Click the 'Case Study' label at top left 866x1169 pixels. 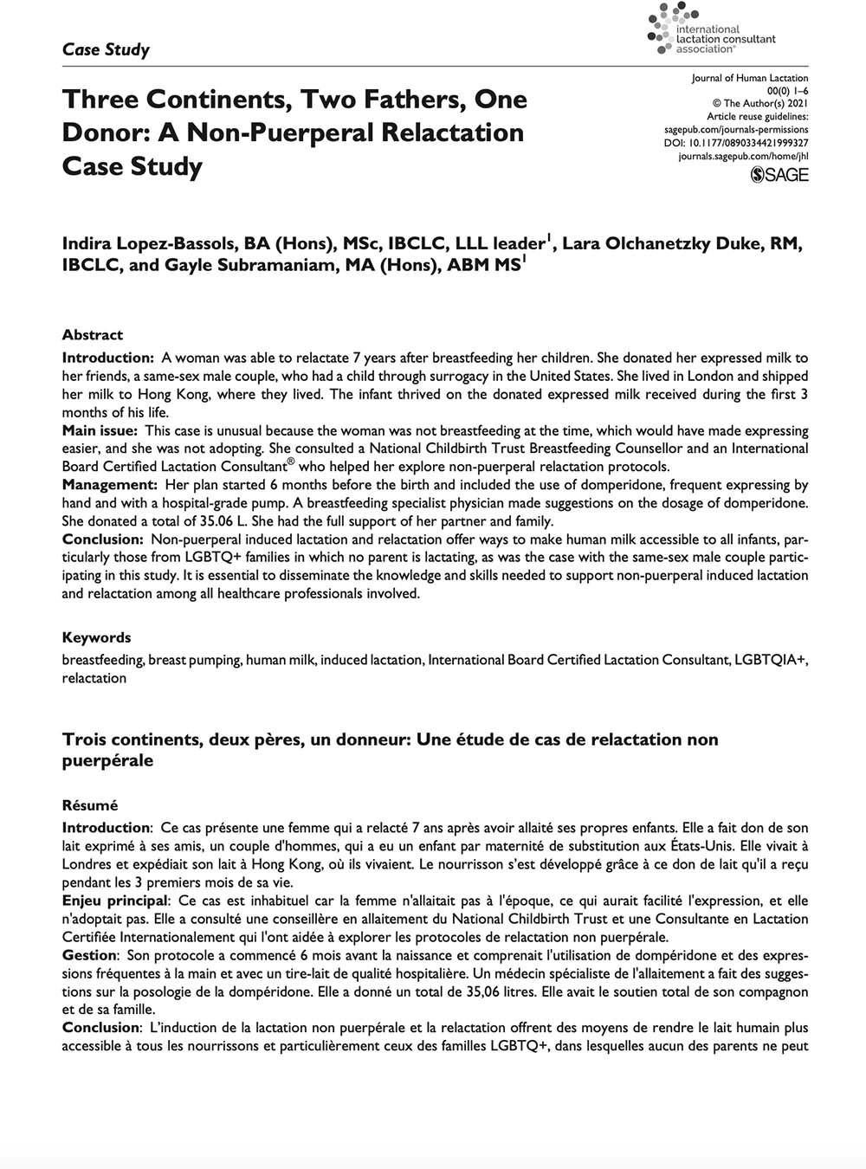[x=106, y=49]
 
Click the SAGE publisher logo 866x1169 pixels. [x=779, y=175]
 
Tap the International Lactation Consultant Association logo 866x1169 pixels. [x=711, y=29]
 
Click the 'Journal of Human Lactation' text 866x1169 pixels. [x=750, y=78]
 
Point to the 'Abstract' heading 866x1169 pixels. [x=93, y=335]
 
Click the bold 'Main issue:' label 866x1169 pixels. [x=100, y=430]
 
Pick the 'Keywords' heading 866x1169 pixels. [x=96, y=637]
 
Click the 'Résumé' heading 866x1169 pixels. [x=90, y=805]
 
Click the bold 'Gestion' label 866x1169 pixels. [x=89, y=955]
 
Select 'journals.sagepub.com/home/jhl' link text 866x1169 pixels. [x=743, y=156]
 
